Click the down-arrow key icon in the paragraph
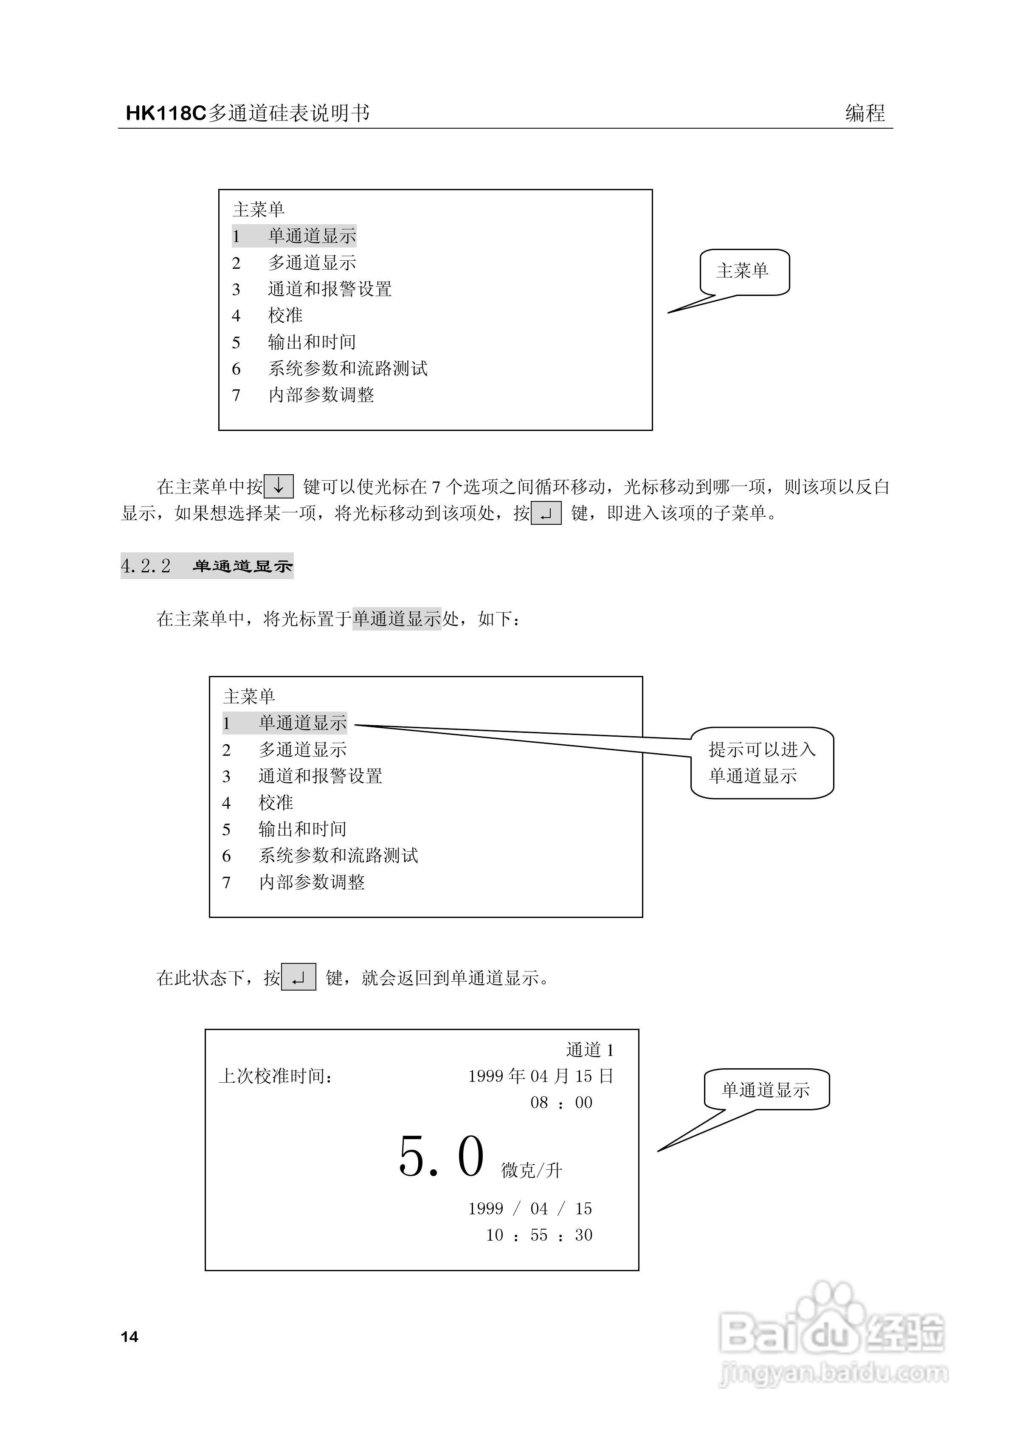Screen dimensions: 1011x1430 [x=279, y=487]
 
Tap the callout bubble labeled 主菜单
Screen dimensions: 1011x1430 [x=744, y=272]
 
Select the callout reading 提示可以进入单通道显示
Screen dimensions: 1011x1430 [x=762, y=762]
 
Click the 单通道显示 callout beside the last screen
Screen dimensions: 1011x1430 [x=766, y=1090]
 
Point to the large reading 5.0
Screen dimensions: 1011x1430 [x=441, y=1157]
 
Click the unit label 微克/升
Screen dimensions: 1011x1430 [x=531, y=1170]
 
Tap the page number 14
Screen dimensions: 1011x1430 [x=130, y=1337]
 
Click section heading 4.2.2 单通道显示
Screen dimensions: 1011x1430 [x=207, y=566]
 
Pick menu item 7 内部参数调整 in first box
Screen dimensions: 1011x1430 [x=321, y=395]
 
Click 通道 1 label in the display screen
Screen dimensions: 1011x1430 [x=590, y=1050]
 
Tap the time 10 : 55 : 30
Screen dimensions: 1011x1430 [x=539, y=1235]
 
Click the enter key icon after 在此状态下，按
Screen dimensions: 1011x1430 [x=299, y=978]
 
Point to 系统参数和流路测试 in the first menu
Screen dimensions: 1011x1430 [x=348, y=369]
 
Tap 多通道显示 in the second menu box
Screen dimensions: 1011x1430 [x=303, y=750]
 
